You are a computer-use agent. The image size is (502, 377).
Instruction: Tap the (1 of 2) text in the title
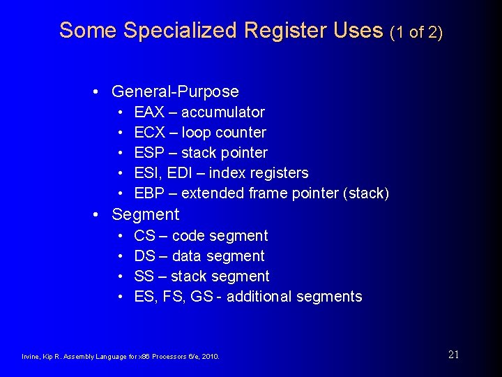(416, 31)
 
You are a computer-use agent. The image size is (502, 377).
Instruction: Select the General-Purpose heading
(175, 91)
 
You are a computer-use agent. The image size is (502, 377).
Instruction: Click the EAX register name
(149, 112)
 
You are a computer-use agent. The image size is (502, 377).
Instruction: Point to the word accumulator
(223, 112)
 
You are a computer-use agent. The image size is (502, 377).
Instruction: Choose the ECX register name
(149, 133)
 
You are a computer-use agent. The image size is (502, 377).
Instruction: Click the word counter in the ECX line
(242, 133)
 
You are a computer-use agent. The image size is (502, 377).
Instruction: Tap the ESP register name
(149, 153)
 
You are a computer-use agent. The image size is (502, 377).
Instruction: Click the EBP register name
(149, 193)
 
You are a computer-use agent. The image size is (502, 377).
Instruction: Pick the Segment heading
(145, 214)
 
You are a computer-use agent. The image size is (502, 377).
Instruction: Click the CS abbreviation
(144, 236)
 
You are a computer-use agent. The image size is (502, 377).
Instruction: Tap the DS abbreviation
(144, 256)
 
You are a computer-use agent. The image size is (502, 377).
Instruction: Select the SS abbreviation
(144, 276)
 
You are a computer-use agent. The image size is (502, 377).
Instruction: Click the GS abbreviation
(201, 297)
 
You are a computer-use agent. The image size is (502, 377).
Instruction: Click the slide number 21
(453, 355)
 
